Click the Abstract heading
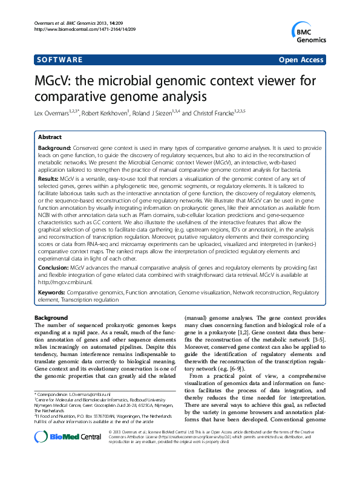(x=50, y=138)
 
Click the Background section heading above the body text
(x=51, y=318)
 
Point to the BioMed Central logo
(x=61, y=455)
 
